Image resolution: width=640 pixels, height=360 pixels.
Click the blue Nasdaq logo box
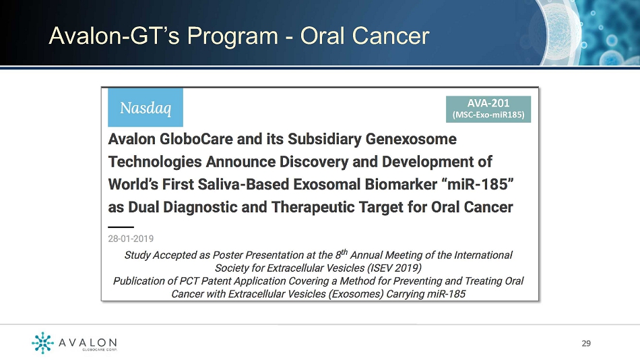click(x=146, y=107)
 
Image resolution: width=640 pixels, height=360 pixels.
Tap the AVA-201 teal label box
click(x=488, y=109)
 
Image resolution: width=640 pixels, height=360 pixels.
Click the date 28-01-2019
click(x=131, y=239)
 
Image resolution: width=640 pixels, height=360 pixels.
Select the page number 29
click(x=586, y=343)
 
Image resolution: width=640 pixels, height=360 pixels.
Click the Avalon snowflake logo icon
click(x=42, y=342)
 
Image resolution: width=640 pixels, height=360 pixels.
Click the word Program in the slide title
click(x=232, y=36)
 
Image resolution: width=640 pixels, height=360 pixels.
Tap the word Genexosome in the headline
click(x=411, y=139)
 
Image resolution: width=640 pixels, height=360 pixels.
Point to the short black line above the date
click(x=121, y=227)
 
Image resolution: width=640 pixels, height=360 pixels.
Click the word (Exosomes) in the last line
click(x=356, y=294)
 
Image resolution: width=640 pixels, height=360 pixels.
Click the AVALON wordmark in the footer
click(x=88, y=342)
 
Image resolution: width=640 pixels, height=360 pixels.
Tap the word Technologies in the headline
click(x=155, y=162)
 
